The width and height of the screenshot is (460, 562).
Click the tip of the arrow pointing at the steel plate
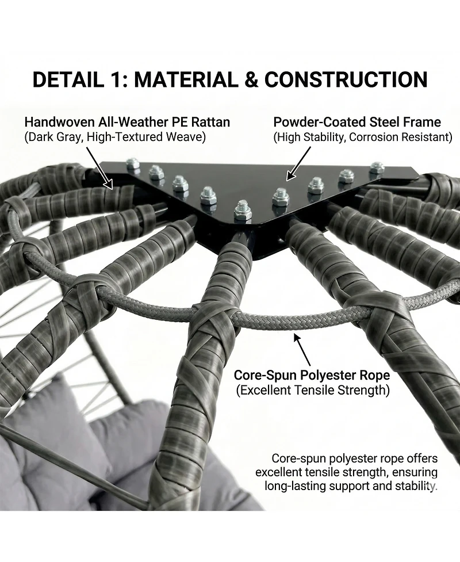pos(287,179)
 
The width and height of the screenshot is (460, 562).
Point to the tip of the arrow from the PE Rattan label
pos(112,189)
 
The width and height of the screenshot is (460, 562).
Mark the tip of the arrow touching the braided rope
pos(295,335)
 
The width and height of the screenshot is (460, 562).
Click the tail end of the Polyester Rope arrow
pos(310,366)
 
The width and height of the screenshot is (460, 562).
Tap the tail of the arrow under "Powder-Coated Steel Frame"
pos(310,147)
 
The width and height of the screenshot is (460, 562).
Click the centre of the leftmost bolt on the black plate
pos(133,164)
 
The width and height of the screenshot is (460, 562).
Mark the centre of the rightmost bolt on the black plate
pos(377,167)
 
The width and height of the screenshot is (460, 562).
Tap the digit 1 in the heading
pos(110,79)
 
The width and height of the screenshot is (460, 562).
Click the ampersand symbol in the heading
pos(252,79)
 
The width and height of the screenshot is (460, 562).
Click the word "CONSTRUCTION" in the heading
pos(346,79)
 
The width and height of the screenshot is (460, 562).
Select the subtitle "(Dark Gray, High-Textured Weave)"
pos(115,137)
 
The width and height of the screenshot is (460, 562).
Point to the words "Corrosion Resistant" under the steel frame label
pos(400,137)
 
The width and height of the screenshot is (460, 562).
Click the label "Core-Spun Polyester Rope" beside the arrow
pos(312,375)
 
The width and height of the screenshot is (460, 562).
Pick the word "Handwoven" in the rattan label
pos(60,122)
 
